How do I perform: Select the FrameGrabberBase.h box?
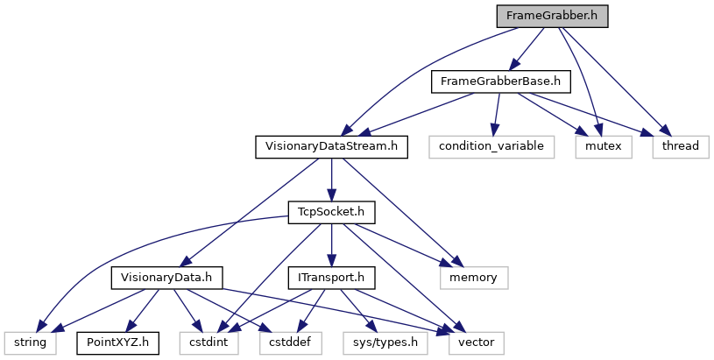(x=500, y=81)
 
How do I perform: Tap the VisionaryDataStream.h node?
(x=331, y=146)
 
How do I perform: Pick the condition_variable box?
(x=492, y=146)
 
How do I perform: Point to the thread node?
(x=680, y=146)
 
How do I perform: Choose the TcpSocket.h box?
(x=332, y=211)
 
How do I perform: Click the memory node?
(x=473, y=277)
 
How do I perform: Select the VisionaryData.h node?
(x=166, y=277)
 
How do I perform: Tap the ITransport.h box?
(x=332, y=277)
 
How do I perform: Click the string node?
(x=29, y=342)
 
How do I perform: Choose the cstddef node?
(x=285, y=342)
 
